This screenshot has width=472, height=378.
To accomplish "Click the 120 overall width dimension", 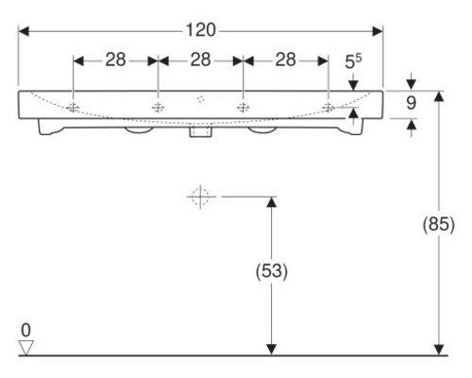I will [200, 30].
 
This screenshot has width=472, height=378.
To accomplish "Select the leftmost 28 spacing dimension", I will [115, 60].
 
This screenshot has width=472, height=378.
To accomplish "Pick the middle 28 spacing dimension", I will [200, 60].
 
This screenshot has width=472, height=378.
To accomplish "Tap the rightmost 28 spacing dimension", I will [285, 60].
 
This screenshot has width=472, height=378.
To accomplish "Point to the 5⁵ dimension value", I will [353, 61].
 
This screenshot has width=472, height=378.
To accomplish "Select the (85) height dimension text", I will [439, 226].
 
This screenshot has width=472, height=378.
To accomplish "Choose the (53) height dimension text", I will [271, 271].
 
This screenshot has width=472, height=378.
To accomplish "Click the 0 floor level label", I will [26, 330].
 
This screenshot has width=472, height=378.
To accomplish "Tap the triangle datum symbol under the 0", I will [26, 347].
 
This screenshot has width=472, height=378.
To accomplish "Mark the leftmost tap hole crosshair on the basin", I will [73, 107].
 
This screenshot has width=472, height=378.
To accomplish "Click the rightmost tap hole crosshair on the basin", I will [328, 107].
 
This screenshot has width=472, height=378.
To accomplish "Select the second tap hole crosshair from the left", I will [158, 107].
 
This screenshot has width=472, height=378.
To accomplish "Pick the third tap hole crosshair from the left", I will [243, 107].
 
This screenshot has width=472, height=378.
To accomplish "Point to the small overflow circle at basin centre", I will [200, 99].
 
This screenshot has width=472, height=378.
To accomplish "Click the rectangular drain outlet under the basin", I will [200, 133].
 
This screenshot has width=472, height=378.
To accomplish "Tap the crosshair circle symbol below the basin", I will [198, 197].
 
